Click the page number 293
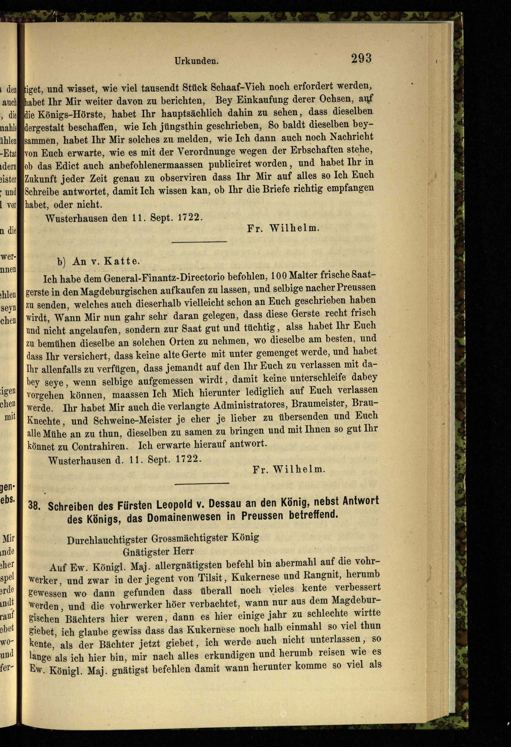click(361, 58)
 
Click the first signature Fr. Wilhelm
click(283, 229)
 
